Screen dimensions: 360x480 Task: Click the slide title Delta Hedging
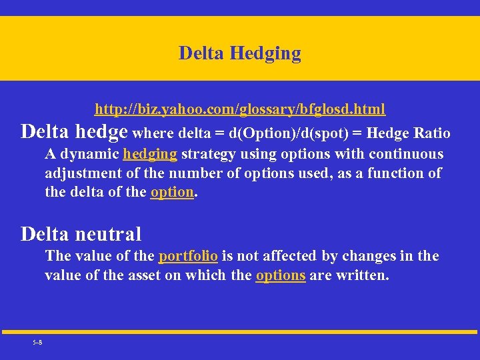tap(239, 53)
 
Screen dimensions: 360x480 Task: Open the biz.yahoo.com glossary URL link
tap(240, 109)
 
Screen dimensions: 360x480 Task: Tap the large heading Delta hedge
tap(74, 131)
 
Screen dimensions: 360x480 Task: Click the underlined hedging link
tap(150, 154)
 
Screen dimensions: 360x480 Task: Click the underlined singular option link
tap(172, 193)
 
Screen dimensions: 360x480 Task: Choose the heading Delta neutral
tap(81, 234)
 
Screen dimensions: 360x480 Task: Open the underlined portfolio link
tap(188, 256)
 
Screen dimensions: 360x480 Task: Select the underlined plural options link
tap(281, 275)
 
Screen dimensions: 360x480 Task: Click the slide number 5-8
tap(37, 342)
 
